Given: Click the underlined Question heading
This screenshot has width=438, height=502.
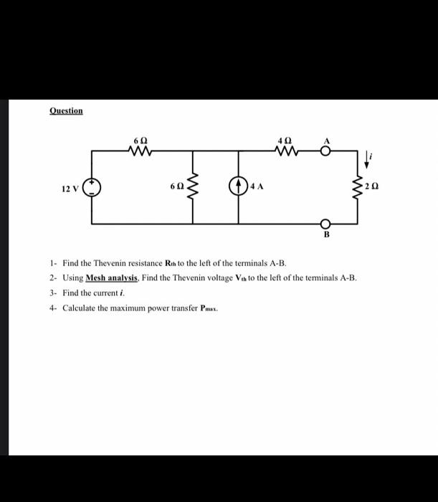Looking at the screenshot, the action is tap(66, 110).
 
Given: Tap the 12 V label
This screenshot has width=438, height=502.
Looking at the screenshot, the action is tap(70, 189).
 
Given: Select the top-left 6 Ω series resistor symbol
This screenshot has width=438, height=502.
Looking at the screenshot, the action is tap(141, 151).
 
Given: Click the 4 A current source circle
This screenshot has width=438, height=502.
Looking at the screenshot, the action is tap(239, 186).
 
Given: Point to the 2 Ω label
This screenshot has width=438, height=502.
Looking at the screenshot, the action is tap(371, 186).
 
